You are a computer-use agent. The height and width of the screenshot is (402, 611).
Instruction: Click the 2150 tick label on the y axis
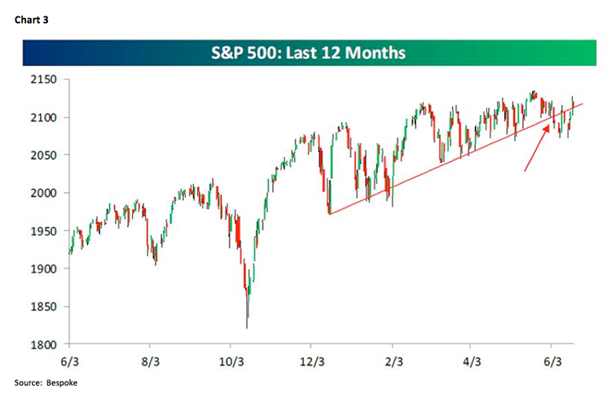pos(47,80)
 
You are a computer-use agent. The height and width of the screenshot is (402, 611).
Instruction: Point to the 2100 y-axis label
pos(47,118)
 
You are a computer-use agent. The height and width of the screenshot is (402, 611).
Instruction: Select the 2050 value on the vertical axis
pos(47,155)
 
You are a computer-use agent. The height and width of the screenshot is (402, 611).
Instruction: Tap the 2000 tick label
pos(47,194)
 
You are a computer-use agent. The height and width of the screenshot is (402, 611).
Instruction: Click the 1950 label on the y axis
pos(47,231)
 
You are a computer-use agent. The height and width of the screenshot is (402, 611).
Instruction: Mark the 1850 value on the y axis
pos(47,307)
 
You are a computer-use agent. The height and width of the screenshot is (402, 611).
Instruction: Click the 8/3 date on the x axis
pos(150,358)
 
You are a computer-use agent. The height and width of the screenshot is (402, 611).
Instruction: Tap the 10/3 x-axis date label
pos(231,358)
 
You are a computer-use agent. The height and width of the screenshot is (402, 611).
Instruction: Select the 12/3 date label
pos(312,358)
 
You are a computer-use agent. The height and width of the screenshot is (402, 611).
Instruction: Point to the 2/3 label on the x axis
pos(395,358)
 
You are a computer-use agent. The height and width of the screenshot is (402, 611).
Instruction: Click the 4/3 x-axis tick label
pos(475,358)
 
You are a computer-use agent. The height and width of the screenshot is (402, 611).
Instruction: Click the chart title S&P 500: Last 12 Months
pos(309,55)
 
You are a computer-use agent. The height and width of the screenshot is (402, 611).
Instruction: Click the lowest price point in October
pos(246,327)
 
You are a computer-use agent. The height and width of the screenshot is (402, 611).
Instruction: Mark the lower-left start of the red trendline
pos(328,214)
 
